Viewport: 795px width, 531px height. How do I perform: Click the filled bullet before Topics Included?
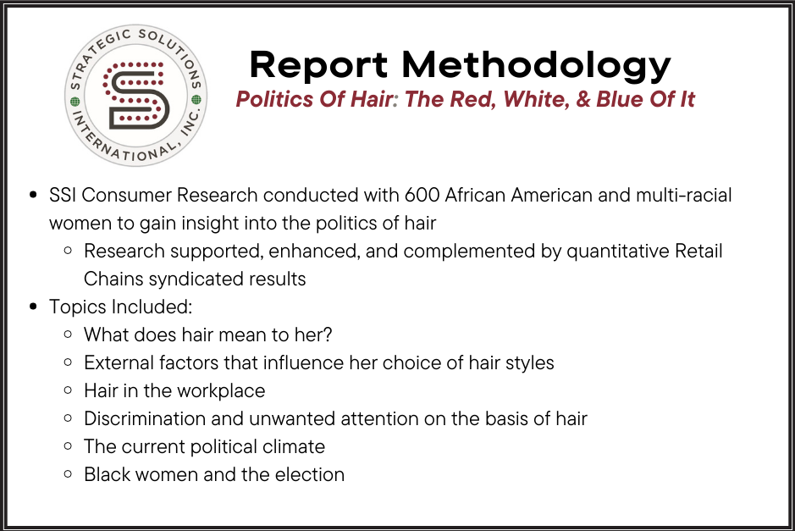pos(33,307)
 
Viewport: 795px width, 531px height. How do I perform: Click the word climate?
pos(292,446)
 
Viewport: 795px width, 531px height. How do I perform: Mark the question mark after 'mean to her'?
pos(327,335)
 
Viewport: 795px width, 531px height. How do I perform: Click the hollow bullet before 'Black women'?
pos(68,474)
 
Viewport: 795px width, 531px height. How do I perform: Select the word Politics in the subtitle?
pos(272,99)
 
